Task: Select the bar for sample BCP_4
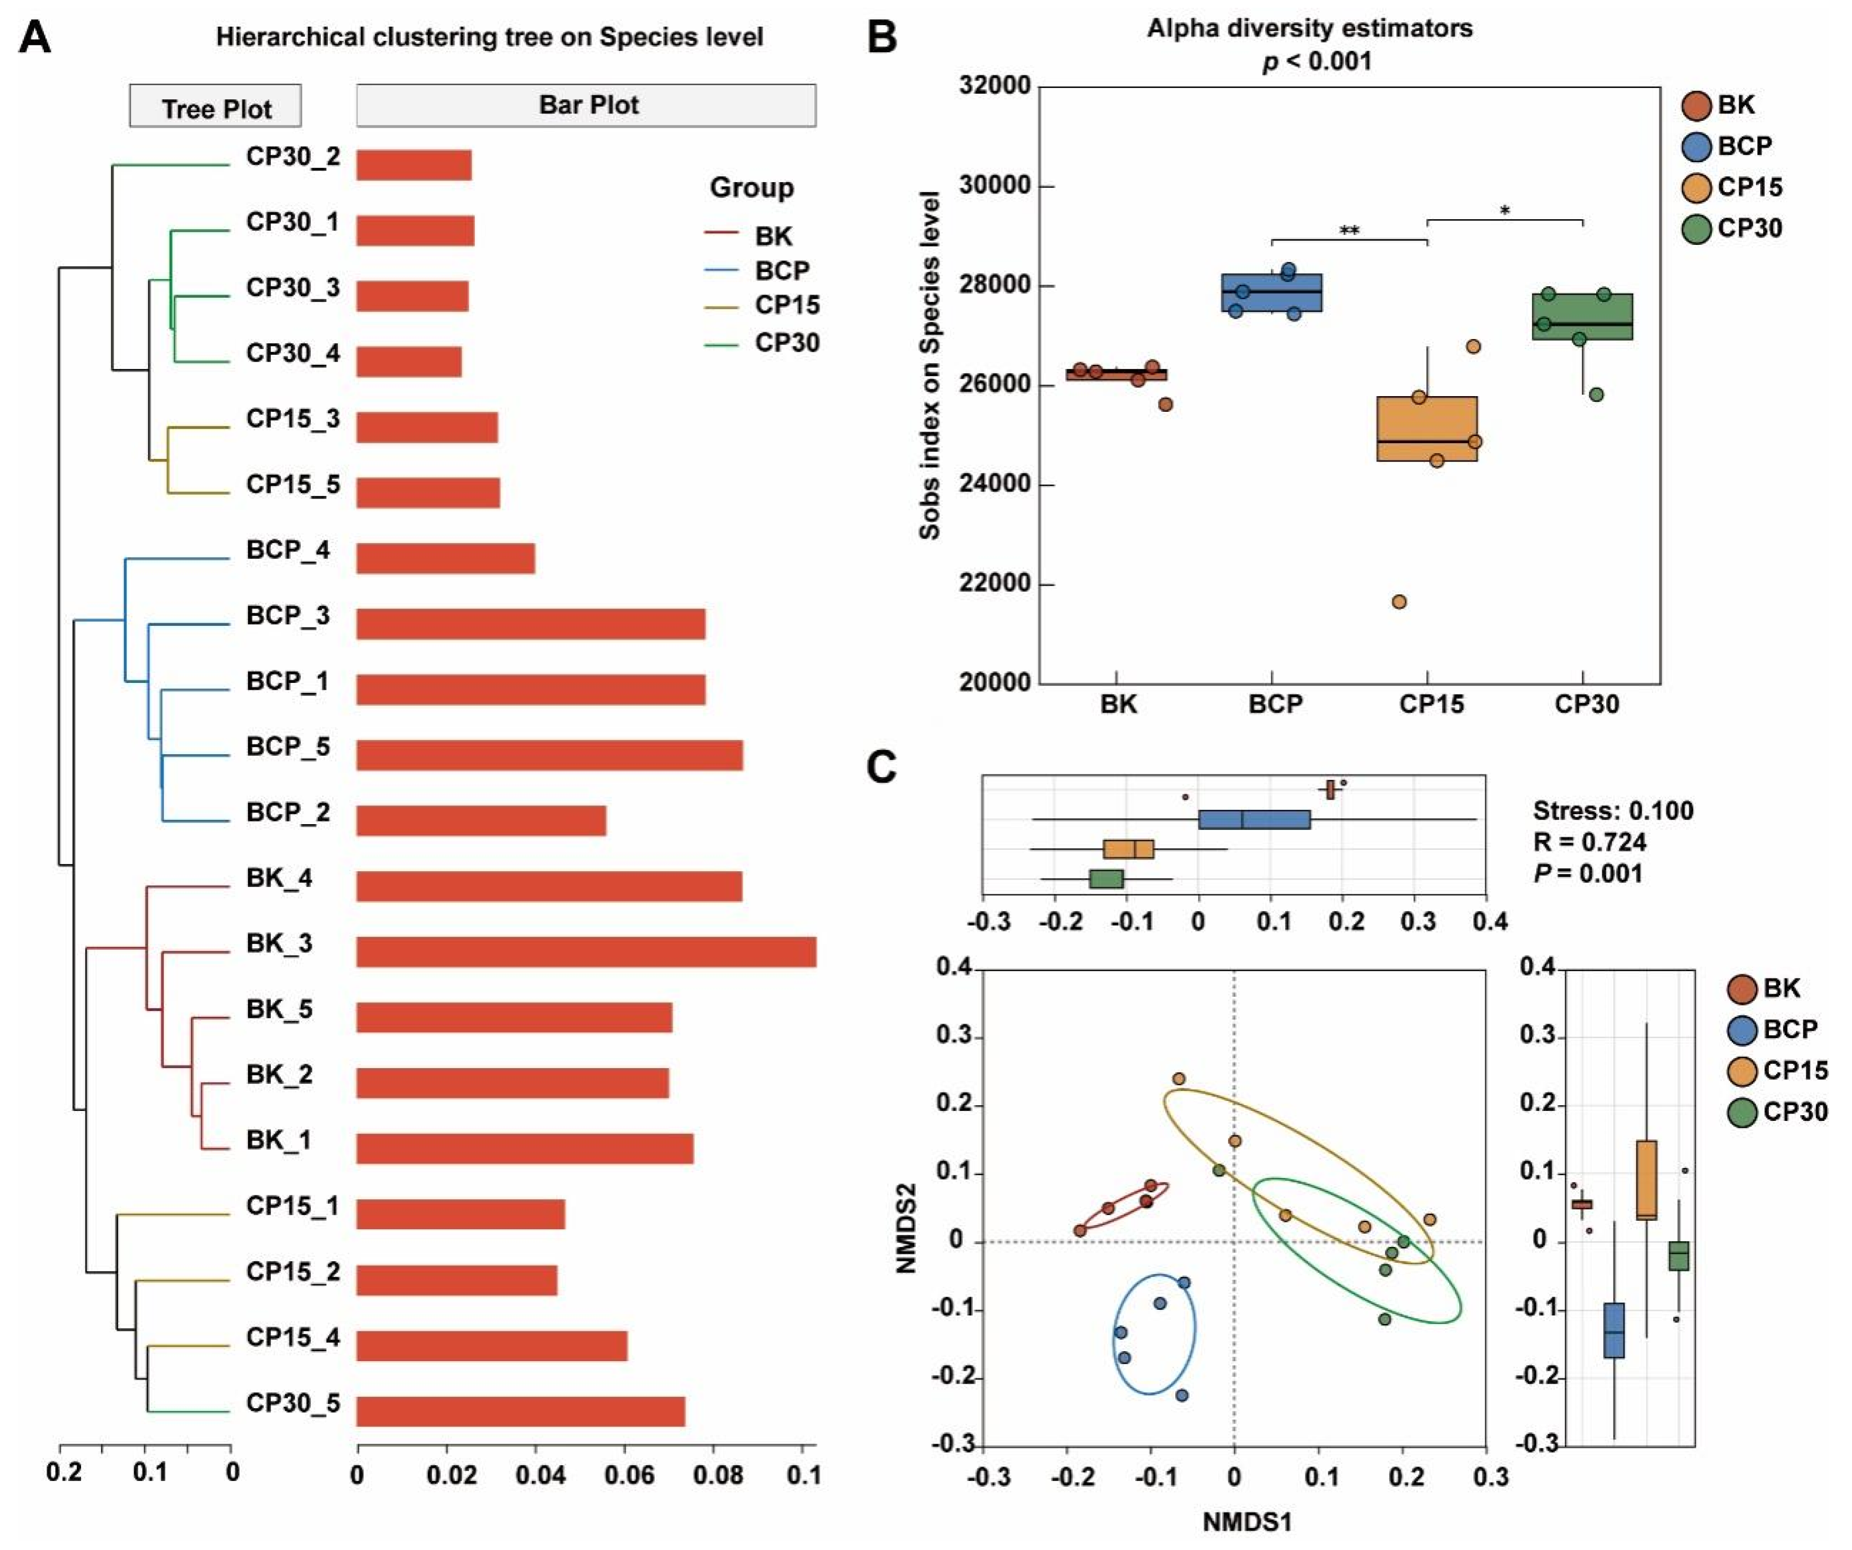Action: [x=446, y=558]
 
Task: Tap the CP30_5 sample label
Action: [x=293, y=1402]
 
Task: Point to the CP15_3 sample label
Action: [x=293, y=419]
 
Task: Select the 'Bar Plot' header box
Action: [x=586, y=105]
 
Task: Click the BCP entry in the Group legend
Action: [x=781, y=271]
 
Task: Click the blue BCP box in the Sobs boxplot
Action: [x=1271, y=293]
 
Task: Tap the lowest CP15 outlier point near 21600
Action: [x=1399, y=602]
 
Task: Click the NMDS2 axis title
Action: [x=906, y=1228]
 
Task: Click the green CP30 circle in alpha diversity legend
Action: [x=1696, y=229]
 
